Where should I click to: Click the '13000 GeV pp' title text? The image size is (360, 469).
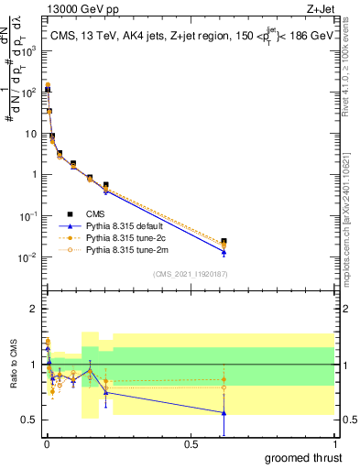72,9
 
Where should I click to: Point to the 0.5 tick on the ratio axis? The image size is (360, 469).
29,420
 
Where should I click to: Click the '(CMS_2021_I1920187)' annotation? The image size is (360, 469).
191,273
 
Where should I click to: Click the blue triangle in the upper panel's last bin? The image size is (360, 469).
224,252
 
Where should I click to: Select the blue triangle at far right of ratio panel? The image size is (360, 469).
224,413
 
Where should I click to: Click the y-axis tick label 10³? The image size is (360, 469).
28,51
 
